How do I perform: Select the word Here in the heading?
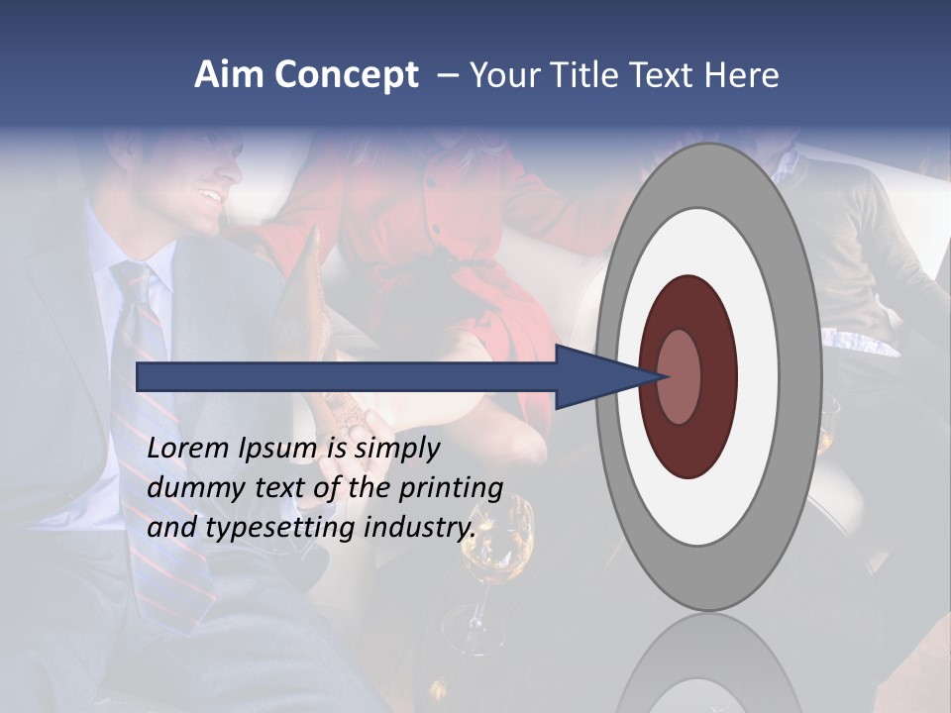click(x=742, y=75)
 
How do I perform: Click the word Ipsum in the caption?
click(x=278, y=449)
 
